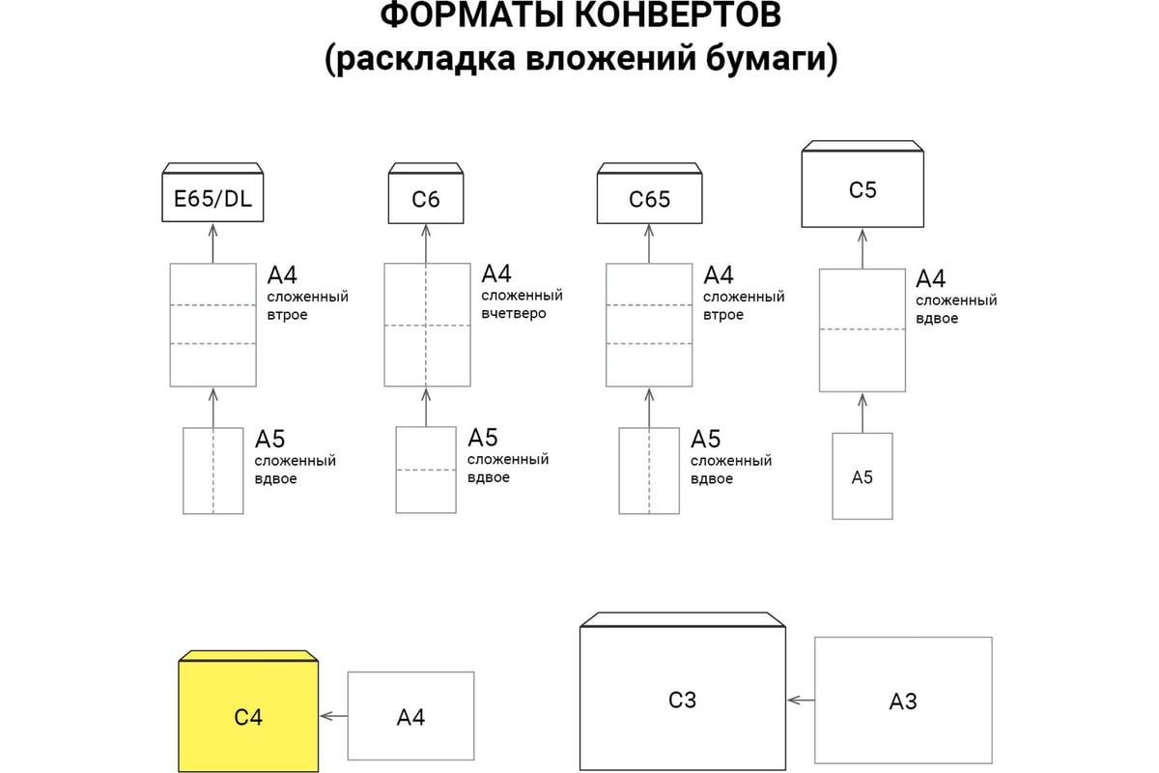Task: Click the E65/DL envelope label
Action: tap(212, 199)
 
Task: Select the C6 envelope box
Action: tap(426, 193)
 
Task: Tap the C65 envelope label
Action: tap(649, 199)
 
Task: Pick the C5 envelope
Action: tap(862, 184)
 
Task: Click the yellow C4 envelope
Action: tap(248, 711)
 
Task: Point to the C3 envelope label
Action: tap(682, 700)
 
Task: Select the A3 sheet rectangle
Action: tap(903, 700)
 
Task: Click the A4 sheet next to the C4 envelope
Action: tap(410, 716)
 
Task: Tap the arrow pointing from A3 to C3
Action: tap(801, 701)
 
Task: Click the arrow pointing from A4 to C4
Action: tap(334, 716)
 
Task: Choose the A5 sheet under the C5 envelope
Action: tap(862, 476)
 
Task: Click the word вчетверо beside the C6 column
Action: tap(513, 314)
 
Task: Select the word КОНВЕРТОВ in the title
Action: tap(677, 15)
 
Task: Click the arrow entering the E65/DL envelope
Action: tap(212, 243)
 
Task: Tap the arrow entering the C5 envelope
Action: tap(862, 249)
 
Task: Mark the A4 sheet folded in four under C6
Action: tap(427, 325)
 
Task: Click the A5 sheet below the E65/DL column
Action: tap(213, 471)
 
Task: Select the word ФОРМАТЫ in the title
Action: tap(472, 15)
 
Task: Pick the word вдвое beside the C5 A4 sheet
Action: tap(937, 319)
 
